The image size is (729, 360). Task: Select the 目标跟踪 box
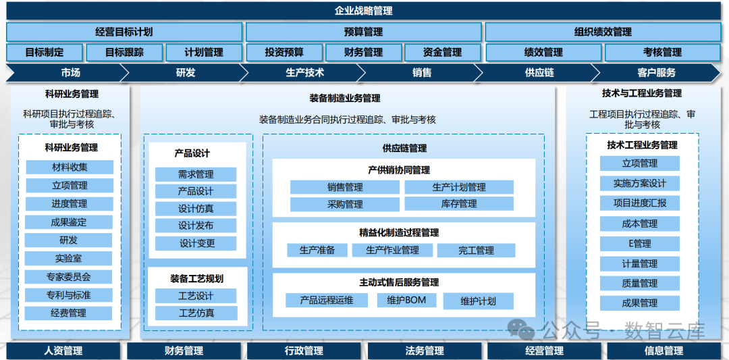coord(124,52)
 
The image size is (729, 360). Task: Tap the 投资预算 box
coord(283,52)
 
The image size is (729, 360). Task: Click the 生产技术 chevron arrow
coord(304,72)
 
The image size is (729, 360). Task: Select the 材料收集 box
coord(70,168)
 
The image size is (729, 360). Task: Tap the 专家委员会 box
coord(70,276)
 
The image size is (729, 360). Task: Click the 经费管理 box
coord(70,313)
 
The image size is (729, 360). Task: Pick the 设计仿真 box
coord(196,209)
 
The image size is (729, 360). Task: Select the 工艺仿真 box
coord(196,313)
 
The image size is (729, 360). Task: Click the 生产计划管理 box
coord(459,187)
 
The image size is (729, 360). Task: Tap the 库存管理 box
coord(459,203)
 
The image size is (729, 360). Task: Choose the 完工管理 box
coord(476,251)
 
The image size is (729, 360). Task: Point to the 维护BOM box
coord(406,300)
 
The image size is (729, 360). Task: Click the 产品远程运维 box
coord(326,300)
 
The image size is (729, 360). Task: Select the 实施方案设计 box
coord(639,184)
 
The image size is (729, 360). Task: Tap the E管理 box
coord(639,243)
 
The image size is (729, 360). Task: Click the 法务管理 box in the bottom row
coord(425,351)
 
